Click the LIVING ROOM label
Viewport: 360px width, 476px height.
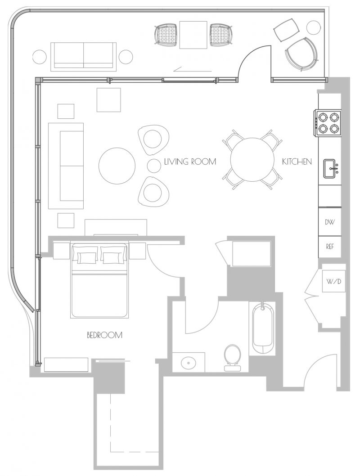pos(190,161)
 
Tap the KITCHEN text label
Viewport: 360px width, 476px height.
pos(297,161)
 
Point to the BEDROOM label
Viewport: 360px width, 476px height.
pos(104,335)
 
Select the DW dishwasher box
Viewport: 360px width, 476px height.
pos(330,222)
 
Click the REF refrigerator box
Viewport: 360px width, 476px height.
pos(330,247)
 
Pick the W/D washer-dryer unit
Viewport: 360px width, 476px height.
pos(333,281)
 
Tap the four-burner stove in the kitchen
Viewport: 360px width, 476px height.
pos(327,123)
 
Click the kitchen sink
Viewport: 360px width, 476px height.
pos(332,168)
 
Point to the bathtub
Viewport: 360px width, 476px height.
pos(263,328)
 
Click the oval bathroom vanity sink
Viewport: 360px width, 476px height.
pos(189,362)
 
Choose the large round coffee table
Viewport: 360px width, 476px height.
pos(117,166)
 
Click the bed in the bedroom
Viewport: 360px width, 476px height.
pos(99,280)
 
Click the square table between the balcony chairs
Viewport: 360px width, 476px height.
pos(193,35)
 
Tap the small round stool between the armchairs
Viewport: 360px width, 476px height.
pos(154,166)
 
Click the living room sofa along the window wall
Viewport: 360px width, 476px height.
pos(66,166)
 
